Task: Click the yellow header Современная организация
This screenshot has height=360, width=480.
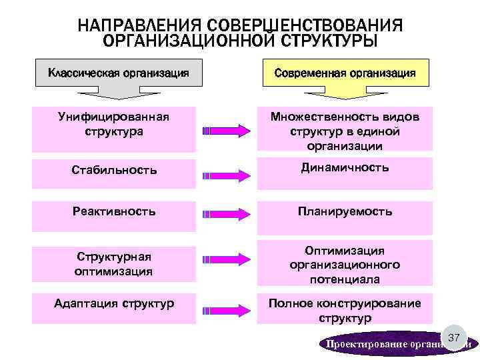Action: (345, 73)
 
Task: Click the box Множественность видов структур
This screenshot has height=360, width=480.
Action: (345, 131)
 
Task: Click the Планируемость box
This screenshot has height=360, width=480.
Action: (345, 211)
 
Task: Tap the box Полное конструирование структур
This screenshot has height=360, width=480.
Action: (345, 311)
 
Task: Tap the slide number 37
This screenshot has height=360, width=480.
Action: (453, 339)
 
